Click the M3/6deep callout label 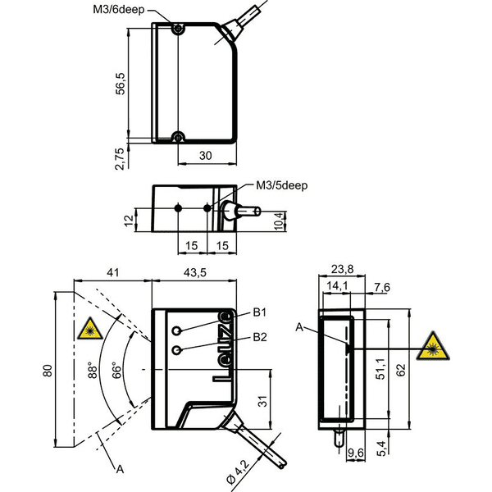119,9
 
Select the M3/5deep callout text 281,185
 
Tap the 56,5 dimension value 121,84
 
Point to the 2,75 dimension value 120,159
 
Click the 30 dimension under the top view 206,156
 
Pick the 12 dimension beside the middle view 129,221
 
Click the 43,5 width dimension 194,272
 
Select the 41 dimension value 113,272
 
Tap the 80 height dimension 48,371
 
